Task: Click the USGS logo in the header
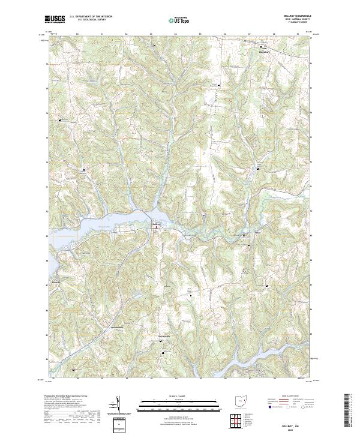pos(55,19)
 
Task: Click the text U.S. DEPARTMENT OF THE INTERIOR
pos(91,17)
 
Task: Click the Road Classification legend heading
pos(290,397)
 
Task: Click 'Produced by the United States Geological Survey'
pos(67,397)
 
